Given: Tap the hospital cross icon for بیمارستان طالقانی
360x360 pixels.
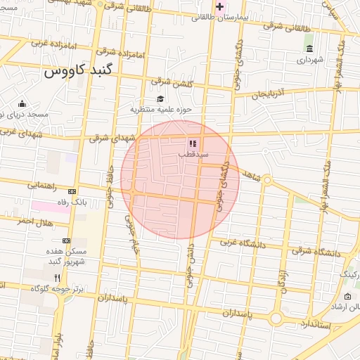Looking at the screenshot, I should tap(220, 7).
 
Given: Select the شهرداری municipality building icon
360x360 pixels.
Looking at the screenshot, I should tap(309, 49).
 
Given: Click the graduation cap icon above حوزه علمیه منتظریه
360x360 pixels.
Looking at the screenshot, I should tap(160, 99).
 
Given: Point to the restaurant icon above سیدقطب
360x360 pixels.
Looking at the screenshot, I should tap(193, 143).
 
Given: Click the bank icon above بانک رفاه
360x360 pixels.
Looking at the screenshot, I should tap(72, 191).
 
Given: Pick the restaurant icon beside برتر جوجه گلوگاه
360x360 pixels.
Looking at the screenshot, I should tap(57, 278).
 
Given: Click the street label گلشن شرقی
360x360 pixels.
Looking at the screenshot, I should tap(171, 84).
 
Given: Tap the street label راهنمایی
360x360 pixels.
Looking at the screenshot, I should tap(42, 186).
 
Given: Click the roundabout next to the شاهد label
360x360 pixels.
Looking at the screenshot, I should tap(267, 180).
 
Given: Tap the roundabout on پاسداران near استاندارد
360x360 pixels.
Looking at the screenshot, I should tap(275, 319).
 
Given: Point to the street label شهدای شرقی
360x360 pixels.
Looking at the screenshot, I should tap(111, 139).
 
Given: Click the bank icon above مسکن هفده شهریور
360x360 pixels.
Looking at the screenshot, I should tap(67, 240).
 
